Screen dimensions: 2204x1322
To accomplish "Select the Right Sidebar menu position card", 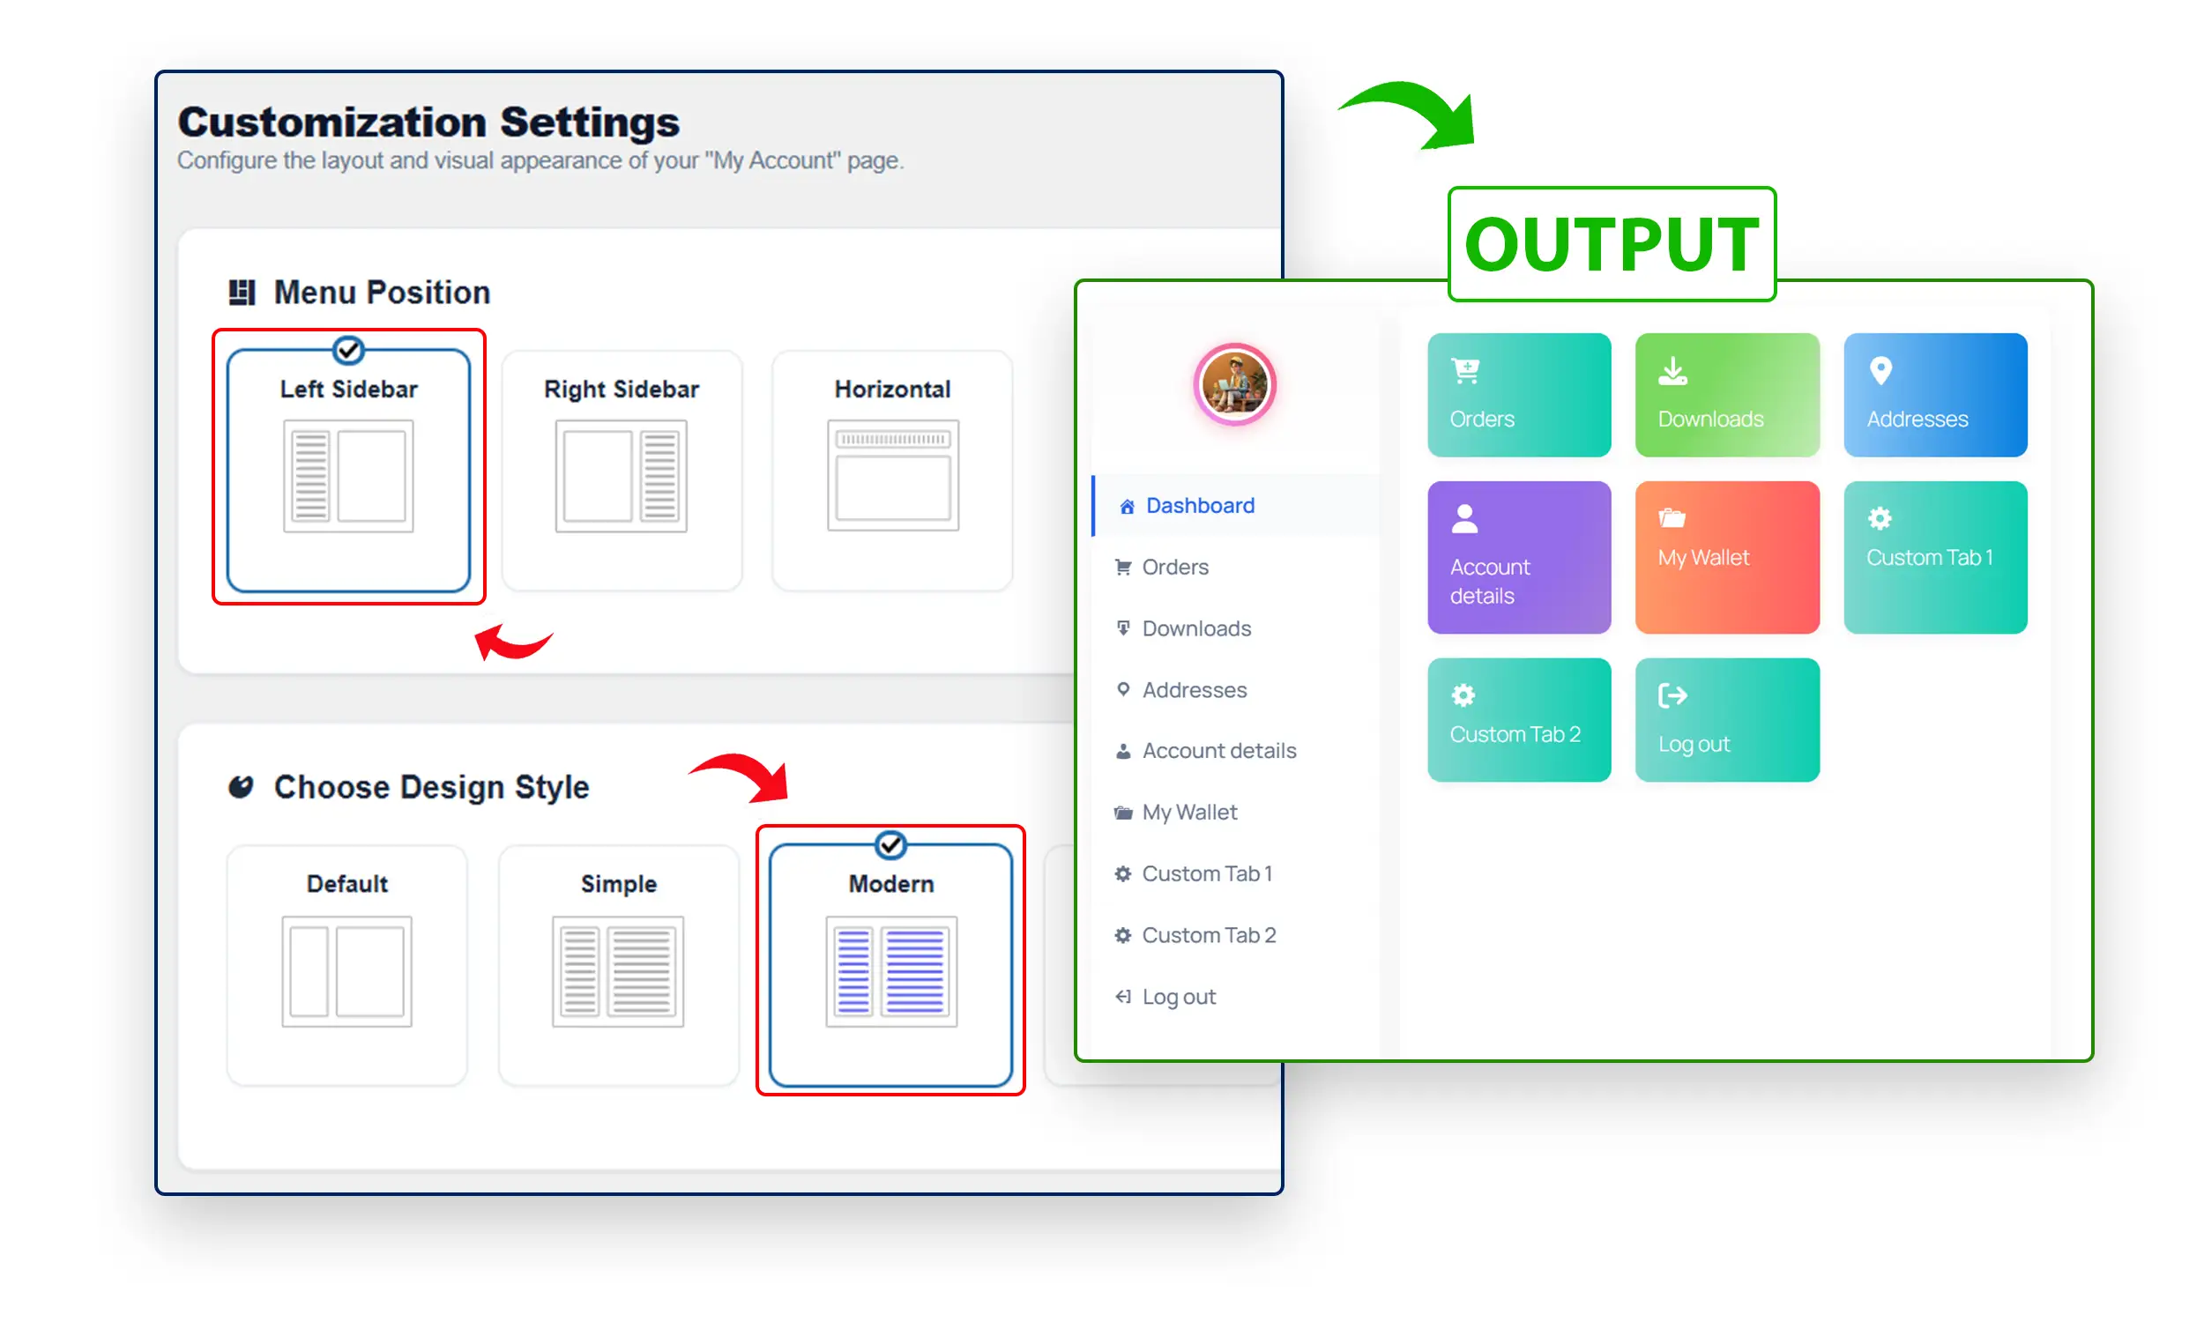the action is click(x=621, y=471).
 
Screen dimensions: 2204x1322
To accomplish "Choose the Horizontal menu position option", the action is click(x=892, y=471).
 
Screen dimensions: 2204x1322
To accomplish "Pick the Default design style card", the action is click(x=346, y=966).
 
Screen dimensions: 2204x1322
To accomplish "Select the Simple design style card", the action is click(x=618, y=966).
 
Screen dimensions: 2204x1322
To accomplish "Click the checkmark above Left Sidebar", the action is click(x=348, y=350).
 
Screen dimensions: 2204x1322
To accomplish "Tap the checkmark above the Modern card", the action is click(x=891, y=844).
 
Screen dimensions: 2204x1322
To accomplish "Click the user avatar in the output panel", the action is click(x=1234, y=384).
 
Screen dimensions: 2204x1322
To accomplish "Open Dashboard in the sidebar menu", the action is click(x=1199, y=505).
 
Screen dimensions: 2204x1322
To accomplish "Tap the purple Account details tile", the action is click(x=1519, y=558).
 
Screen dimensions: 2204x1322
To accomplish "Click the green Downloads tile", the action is click(x=1726, y=395).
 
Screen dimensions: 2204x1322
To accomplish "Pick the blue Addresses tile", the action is click(x=1935, y=395).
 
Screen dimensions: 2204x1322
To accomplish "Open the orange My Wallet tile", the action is click(x=1726, y=558).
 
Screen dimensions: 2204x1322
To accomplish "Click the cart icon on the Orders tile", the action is click(x=1465, y=369).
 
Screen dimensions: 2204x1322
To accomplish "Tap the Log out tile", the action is click(x=1726, y=720).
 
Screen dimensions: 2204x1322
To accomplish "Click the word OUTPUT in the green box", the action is click(x=1612, y=244).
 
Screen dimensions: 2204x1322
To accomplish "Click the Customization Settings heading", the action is click(x=428, y=122).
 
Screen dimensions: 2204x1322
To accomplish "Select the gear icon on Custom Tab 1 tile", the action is click(x=1880, y=517).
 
